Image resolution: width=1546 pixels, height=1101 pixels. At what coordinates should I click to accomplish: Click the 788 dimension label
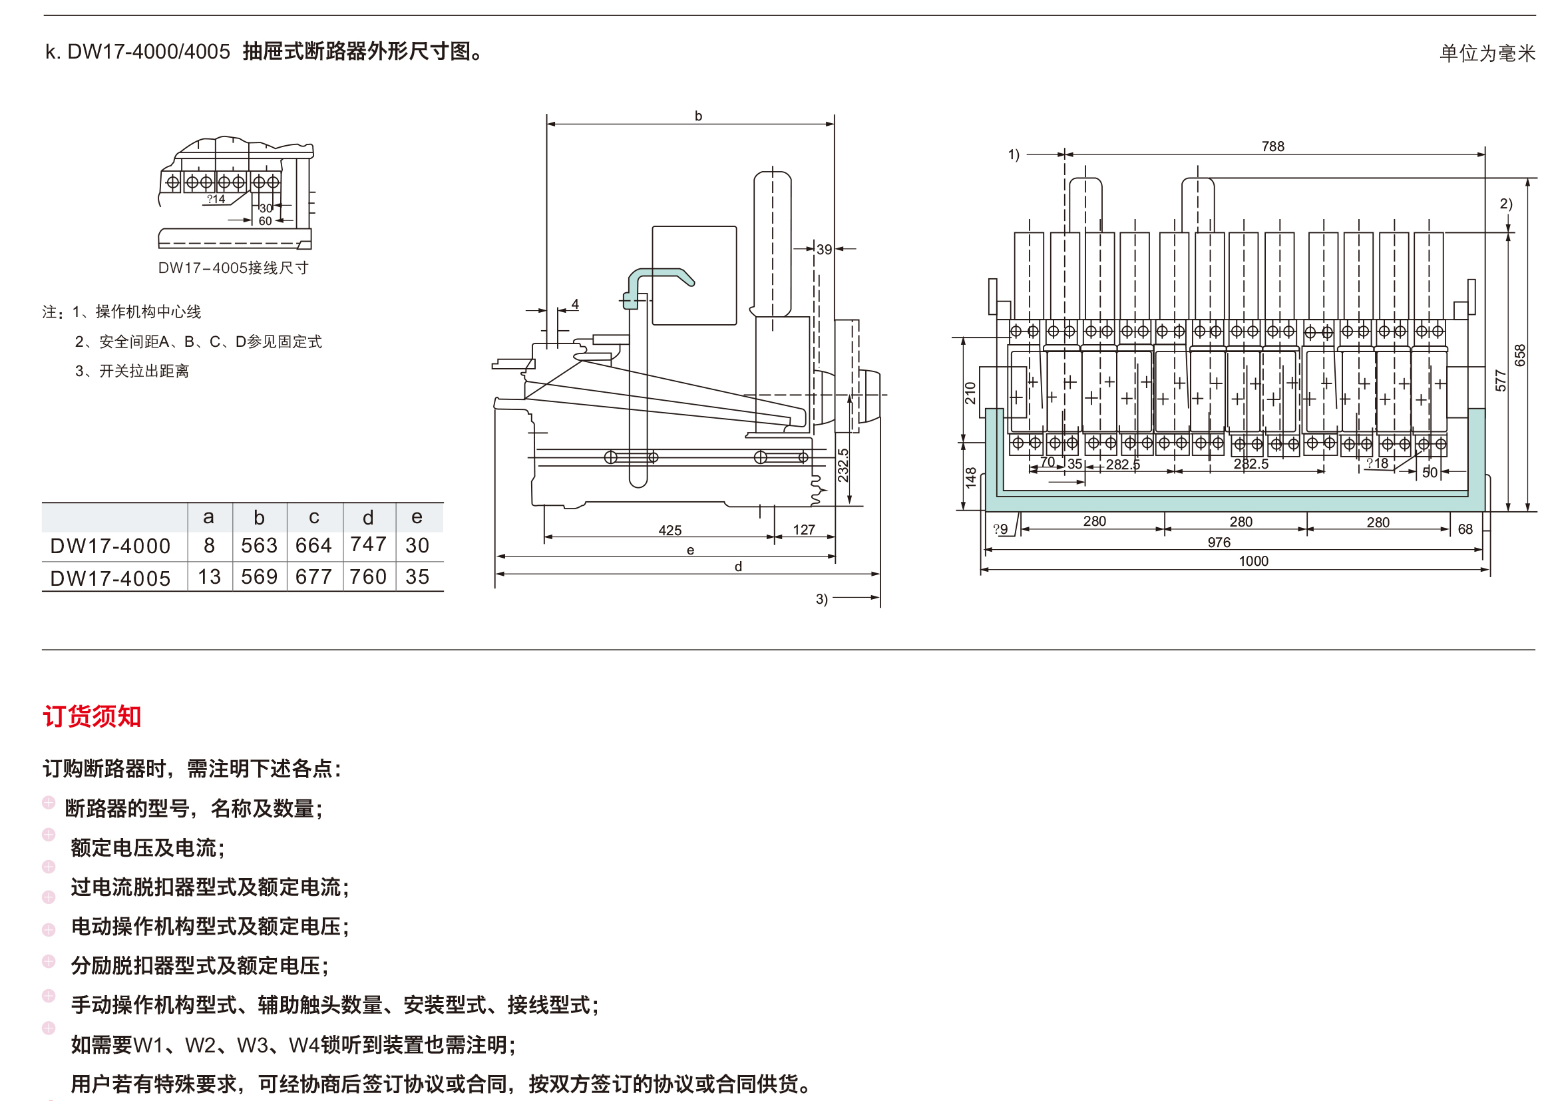(1272, 146)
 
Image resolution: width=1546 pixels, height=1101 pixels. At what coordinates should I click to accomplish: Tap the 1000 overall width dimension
(1253, 561)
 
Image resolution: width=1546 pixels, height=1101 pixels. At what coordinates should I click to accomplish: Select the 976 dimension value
(1218, 543)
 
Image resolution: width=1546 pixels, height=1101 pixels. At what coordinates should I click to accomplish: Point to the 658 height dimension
(1520, 355)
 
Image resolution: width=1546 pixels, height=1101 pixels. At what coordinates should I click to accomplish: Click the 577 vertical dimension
(1501, 379)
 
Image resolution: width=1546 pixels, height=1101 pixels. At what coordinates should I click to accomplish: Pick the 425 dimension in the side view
(670, 530)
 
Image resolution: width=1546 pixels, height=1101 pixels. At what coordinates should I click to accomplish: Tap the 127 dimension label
(804, 529)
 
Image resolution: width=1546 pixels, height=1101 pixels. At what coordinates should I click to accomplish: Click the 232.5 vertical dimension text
(843, 465)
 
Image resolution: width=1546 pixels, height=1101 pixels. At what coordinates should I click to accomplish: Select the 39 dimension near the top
(823, 250)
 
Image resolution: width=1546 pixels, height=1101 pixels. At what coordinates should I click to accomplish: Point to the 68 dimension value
(1465, 529)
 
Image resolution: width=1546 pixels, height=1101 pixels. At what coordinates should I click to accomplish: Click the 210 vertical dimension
(970, 393)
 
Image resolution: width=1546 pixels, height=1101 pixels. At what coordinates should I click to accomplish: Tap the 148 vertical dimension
(970, 477)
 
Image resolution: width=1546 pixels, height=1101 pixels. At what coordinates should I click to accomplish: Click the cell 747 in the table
(368, 545)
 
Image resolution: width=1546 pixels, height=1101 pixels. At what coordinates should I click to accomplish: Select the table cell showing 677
(313, 577)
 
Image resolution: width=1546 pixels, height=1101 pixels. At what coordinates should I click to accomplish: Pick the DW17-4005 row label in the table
(110, 578)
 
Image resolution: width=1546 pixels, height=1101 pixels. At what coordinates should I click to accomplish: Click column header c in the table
(314, 517)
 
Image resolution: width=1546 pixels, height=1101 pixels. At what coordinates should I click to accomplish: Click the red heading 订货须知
(93, 716)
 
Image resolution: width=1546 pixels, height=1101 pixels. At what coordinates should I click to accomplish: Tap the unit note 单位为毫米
(1487, 53)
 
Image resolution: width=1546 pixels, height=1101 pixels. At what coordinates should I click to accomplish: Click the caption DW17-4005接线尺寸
(233, 268)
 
